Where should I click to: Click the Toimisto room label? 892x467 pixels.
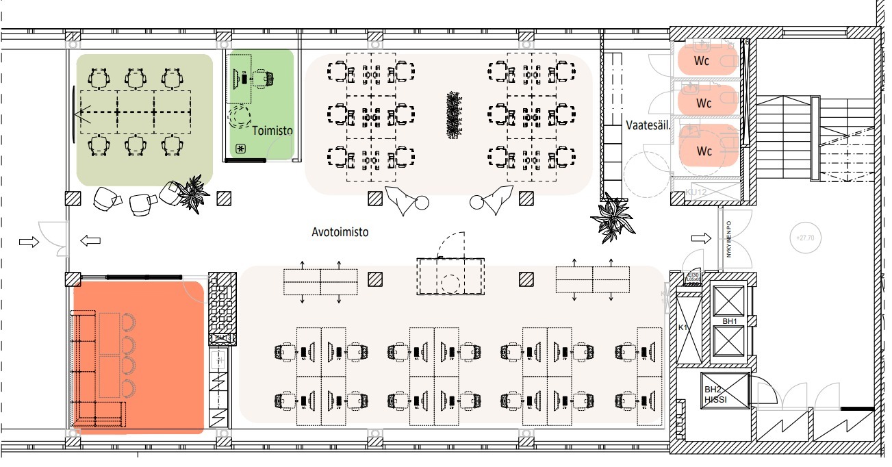[x=272, y=130]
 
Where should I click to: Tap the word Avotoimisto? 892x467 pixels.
[x=340, y=232]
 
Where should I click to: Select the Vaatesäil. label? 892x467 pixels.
[x=647, y=125]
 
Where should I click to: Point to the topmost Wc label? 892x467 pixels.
[x=704, y=60]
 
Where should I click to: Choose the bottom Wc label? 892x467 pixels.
[x=704, y=151]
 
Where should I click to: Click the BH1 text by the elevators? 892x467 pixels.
[x=728, y=321]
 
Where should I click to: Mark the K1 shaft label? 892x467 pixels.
[x=683, y=328]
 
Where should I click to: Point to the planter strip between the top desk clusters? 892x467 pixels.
[x=452, y=114]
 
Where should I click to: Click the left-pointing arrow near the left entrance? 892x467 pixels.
[x=90, y=240]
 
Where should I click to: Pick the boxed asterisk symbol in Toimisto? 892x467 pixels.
[x=240, y=149]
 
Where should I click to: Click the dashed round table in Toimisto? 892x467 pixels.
[x=240, y=116]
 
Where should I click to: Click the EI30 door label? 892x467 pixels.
[x=693, y=277]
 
